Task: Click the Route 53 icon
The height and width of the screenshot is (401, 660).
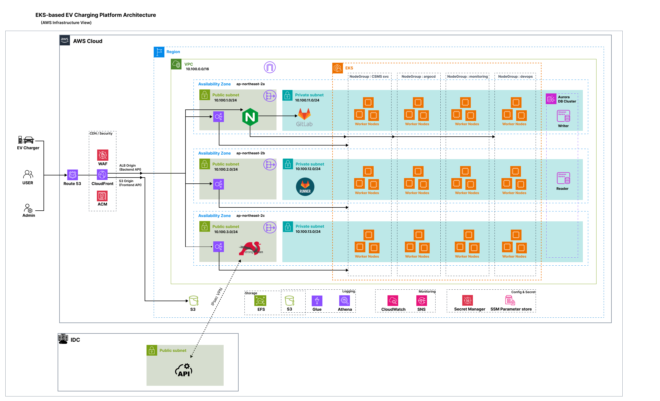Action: [72, 175]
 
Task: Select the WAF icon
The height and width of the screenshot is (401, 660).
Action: [102, 155]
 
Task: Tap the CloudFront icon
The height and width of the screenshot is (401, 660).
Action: [102, 175]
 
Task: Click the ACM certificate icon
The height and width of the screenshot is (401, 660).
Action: [102, 196]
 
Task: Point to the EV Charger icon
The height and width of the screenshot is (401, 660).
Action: [26, 140]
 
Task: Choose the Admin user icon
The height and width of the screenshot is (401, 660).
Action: [28, 208]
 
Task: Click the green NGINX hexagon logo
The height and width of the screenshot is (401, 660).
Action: [250, 117]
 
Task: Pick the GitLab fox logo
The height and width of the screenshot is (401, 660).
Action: [305, 114]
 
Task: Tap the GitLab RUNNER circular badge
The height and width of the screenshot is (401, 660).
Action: [305, 187]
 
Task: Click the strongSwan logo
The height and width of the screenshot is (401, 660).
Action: [251, 248]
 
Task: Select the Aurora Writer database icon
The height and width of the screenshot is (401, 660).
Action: [563, 116]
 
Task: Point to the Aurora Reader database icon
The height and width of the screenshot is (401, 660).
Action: [563, 178]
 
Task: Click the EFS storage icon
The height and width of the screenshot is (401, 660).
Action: [260, 301]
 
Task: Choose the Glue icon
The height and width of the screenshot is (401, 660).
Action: [317, 301]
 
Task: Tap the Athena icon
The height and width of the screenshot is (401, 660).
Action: [344, 301]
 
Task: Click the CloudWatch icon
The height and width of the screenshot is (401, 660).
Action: [393, 301]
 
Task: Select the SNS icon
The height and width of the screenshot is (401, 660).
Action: [422, 301]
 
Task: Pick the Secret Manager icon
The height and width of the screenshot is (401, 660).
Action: [467, 300]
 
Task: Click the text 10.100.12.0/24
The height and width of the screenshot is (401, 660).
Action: [308, 169]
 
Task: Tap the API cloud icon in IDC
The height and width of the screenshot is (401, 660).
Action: [184, 370]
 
